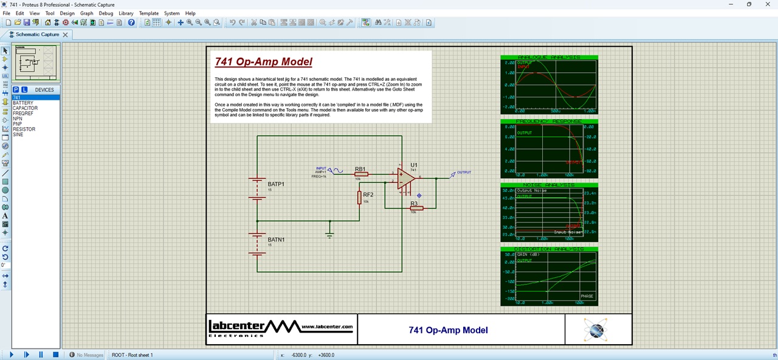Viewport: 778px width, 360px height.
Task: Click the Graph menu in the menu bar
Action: tap(86, 13)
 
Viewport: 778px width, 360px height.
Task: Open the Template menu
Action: tap(148, 13)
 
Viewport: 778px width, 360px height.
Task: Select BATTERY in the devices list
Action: tap(23, 103)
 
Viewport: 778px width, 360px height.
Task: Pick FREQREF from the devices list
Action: tap(23, 113)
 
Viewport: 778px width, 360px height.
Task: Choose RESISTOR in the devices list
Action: tap(24, 129)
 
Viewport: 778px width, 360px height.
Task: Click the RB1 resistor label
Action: tap(360, 168)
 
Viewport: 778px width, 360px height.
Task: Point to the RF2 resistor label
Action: tap(368, 195)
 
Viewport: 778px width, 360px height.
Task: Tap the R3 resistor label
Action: tap(414, 204)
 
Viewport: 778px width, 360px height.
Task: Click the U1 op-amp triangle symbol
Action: tap(406, 179)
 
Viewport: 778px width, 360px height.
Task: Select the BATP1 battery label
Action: tap(276, 184)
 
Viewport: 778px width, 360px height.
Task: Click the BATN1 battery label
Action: tap(276, 240)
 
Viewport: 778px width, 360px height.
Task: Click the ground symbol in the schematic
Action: tap(329, 234)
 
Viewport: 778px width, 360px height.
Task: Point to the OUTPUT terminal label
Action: tap(464, 172)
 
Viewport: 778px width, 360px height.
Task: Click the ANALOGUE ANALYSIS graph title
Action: tap(549, 57)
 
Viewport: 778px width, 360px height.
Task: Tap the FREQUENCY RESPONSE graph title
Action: tap(549, 121)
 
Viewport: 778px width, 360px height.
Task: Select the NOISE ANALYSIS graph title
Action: tap(549, 185)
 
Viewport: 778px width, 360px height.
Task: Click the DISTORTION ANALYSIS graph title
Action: tap(549, 249)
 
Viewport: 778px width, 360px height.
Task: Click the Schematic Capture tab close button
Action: tap(66, 35)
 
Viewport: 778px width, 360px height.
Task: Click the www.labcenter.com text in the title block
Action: tap(327, 327)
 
